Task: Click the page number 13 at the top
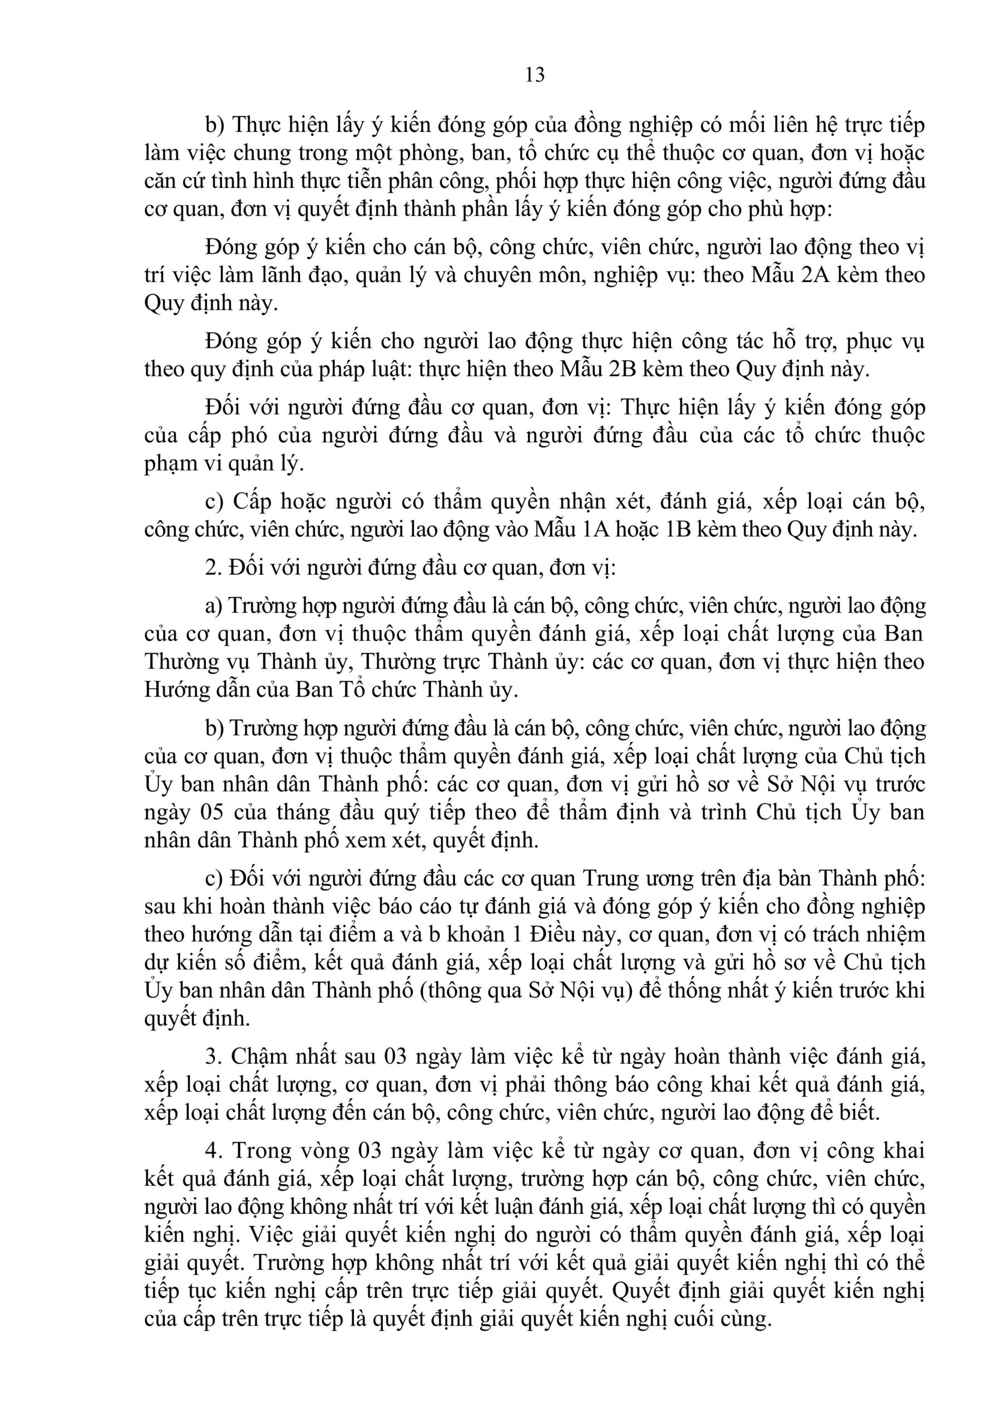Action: [535, 75]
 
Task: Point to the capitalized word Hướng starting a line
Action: [174, 690]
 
